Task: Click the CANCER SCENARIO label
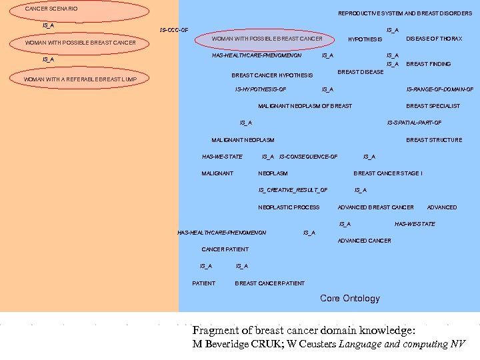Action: coord(51,9)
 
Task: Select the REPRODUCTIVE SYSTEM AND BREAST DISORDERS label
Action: coord(405,13)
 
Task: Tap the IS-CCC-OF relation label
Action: coord(174,30)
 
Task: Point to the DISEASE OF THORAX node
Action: coord(434,39)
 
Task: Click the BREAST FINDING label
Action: coord(429,64)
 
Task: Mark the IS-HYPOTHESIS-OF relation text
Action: coord(261,89)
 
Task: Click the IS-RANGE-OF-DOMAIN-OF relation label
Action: coord(440,89)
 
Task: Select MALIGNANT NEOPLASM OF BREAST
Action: coord(305,106)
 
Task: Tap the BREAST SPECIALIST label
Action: coord(433,106)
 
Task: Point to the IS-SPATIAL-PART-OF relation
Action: coord(414,123)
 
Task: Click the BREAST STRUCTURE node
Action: coord(434,140)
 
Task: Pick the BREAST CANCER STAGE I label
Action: coord(387,173)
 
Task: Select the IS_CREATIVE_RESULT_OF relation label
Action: coord(293,190)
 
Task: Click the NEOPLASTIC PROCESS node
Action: coord(289,207)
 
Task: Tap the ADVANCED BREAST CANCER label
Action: coord(376,207)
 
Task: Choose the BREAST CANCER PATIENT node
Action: coord(270,283)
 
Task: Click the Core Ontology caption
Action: coord(350,299)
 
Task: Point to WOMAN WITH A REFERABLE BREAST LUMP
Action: coord(80,79)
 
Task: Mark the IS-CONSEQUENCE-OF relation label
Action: coord(308,157)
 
